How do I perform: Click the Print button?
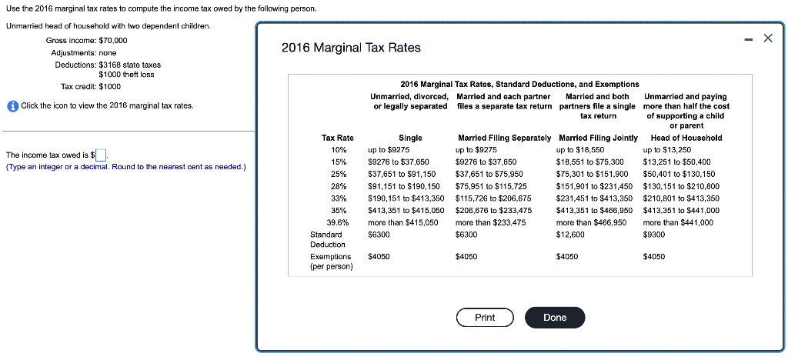[485, 318]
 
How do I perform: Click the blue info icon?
[12, 105]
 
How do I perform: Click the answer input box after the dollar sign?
[101, 155]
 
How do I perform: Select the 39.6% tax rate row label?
[338, 222]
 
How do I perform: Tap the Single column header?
[410, 138]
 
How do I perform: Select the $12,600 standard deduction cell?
[569, 234]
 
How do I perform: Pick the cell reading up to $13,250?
[666, 150]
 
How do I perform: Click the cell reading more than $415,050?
[403, 222]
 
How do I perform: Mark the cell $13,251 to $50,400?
[676, 162]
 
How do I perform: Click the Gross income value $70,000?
[113, 40]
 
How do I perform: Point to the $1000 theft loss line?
[126, 74]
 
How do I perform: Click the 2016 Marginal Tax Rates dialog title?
[351, 48]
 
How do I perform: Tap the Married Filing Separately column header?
[504, 138]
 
